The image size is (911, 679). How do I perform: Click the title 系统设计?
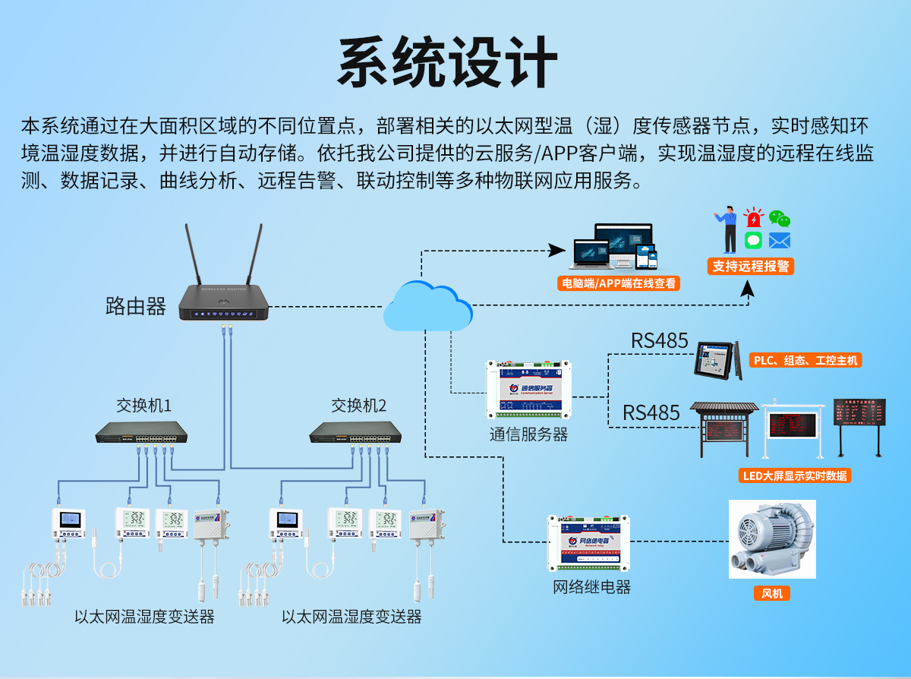pyautogui.click(x=448, y=62)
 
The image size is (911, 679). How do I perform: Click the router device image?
pyautogui.click(x=224, y=304)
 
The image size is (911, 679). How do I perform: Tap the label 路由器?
pyautogui.click(x=135, y=307)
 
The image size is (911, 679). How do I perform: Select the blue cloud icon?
pyautogui.click(x=427, y=308)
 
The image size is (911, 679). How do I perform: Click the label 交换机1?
pyautogui.click(x=143, y=406)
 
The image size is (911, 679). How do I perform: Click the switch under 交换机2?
pyautogui.click(x=355, y=433)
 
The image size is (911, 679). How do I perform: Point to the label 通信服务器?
pyautogui.click(x=528, y=434)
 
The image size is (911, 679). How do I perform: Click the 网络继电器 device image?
pyautogui.click(x=588, y=543)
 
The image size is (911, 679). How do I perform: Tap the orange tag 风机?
pyautogui.click(x=772, y=593)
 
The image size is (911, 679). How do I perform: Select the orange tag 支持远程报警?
pyautogui.click(x=750, y=266)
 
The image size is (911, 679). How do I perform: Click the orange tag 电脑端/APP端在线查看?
pyautogui.click(x=618, y=284)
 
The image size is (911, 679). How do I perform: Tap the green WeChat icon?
pyautogui.click(x=779, y=219)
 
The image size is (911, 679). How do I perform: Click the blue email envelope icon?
pyautogui.click(x=779, y=241)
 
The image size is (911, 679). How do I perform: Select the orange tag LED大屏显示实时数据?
pyautogui.click(x=794, y=475)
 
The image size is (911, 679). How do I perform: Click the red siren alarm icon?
pyautogui.click(x=753, y=219)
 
